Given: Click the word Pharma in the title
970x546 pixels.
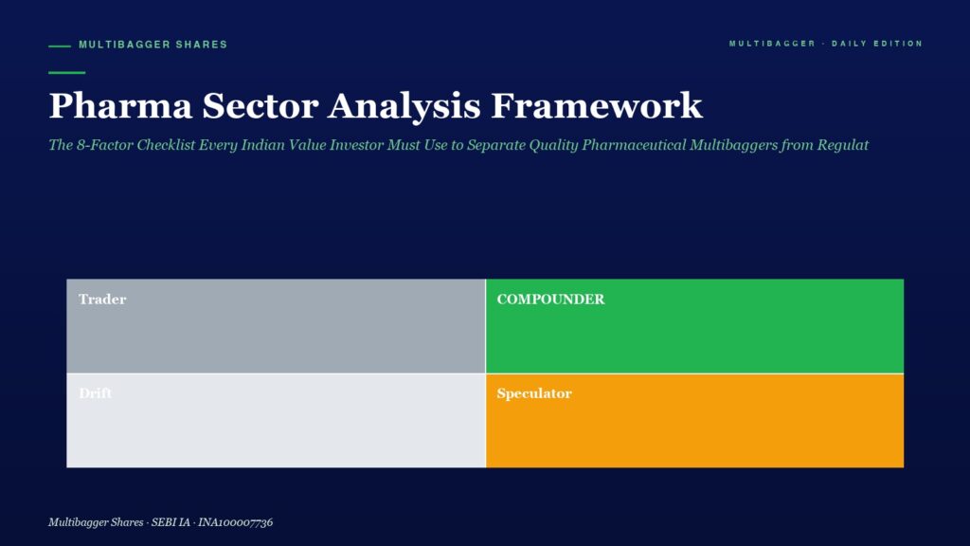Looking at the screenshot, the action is click(120, 105).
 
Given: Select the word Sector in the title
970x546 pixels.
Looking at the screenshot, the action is click(260, 105).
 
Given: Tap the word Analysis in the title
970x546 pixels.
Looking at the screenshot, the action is click(404, 106).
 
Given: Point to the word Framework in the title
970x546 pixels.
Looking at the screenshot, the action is click(597, 105).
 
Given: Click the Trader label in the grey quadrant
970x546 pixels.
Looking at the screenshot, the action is click(102, 299).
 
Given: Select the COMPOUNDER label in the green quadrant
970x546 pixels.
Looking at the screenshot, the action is click(550, 299).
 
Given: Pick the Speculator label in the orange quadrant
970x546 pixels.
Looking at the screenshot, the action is click(534, 393).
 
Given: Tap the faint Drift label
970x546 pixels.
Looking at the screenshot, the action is click(96, 393).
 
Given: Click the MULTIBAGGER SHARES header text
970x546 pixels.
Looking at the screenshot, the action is click(153, 45).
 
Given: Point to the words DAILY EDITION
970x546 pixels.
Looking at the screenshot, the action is click(877, 44).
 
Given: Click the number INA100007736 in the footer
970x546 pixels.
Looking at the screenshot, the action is click(235, 522).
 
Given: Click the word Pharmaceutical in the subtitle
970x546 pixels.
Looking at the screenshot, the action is click(634, 145).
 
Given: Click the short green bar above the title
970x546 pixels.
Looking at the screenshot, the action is click(67, 72).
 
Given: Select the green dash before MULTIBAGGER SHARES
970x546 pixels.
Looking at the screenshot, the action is click(60, 45).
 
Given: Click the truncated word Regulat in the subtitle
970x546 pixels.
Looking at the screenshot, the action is click(842, 145).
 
